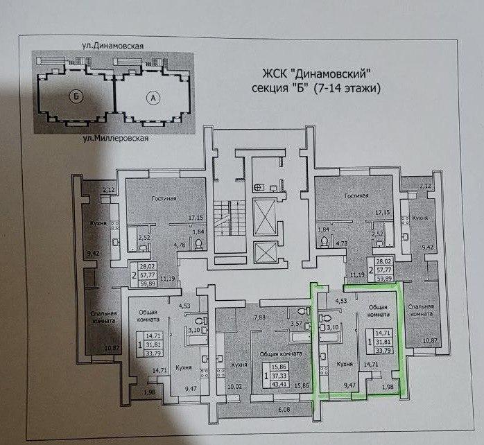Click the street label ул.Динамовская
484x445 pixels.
click(112, 46)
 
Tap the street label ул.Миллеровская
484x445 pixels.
click(116, 138)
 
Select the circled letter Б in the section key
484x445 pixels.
click(76, 96)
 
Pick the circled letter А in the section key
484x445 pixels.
click(153, 98)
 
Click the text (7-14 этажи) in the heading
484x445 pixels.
click(347, 89)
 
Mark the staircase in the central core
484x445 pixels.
click(230, 218)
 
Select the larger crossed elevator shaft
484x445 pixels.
click(264, 217)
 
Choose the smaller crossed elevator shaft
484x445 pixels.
click(264, 252)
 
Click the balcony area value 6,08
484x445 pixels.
click(284, 410)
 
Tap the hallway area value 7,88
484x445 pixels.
click(259, 317)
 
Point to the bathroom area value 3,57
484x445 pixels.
click(297, 324)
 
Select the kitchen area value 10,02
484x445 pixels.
click(234, 386)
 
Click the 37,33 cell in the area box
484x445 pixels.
click(279, 376)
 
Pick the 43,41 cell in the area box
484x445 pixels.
click(279, 384)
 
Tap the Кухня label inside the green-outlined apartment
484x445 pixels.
click(345, 364)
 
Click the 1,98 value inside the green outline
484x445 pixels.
click(388, 387)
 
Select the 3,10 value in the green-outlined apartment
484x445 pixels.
click(333, 327)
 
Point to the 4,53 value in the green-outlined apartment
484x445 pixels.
click(341, 301)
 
